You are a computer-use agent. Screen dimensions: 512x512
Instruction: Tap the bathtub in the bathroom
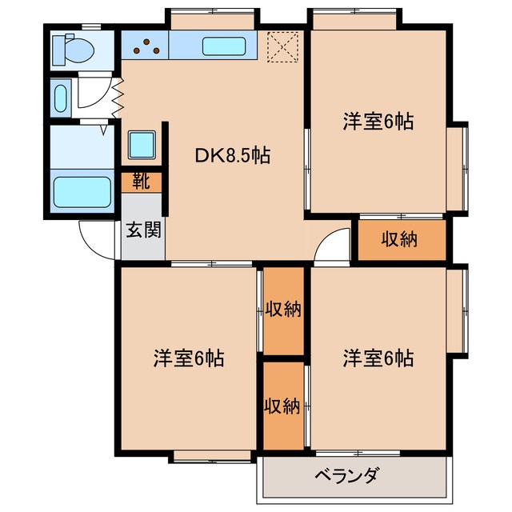[x=82, y=192]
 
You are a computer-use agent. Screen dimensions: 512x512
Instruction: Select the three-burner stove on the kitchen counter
[x=146, y=48]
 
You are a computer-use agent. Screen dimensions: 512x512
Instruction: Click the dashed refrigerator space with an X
[x=281, y=45]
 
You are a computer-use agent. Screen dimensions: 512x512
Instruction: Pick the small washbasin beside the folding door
[x=60, y=98]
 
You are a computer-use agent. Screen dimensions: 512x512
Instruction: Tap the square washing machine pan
[x=142, y=145]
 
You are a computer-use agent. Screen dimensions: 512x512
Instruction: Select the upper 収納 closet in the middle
[x=283, y=310]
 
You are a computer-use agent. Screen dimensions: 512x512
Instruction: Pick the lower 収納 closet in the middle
[x=283, y=406]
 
